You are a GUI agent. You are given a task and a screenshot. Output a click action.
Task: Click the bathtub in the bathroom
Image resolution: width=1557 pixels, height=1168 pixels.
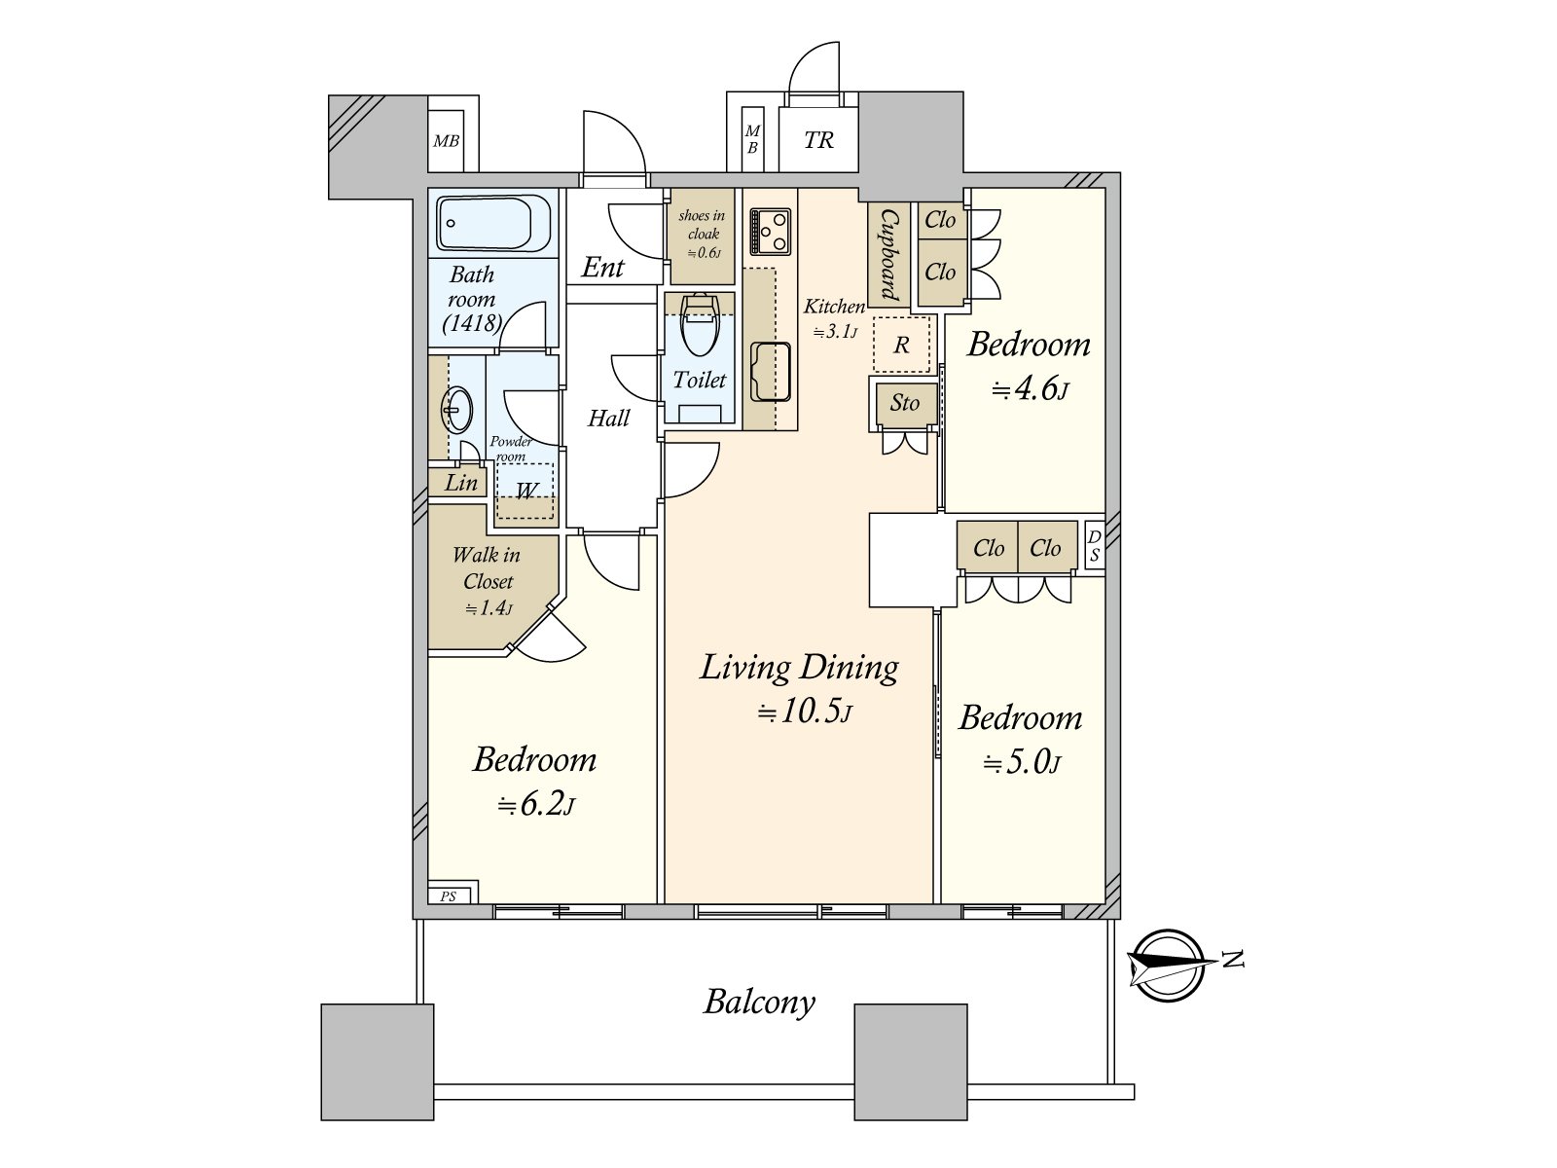[484, 223]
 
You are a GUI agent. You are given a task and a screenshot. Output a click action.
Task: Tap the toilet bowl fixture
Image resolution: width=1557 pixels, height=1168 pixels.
[700, 325]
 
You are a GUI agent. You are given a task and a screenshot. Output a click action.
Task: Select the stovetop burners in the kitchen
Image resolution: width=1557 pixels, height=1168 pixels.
[771, 232]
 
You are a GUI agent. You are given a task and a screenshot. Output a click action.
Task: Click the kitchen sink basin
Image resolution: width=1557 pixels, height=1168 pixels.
[771, 372]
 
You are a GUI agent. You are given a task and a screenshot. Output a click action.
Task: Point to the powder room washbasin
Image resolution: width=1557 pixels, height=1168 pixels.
[457, 409]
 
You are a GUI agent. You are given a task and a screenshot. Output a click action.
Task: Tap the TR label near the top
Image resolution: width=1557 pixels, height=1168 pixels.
[818, 140]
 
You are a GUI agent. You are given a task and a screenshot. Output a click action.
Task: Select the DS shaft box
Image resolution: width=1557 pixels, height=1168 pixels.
[1095, 545]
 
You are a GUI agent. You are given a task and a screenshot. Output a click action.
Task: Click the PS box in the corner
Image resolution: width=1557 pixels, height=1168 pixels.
[453, 892]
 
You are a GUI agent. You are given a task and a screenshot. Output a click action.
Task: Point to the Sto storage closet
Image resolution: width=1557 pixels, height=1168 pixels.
[904, 404]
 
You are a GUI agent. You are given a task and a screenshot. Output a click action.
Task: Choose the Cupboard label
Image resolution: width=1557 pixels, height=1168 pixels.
[888, 255]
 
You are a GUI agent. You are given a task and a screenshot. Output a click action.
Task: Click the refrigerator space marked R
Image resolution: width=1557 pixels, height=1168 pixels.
[901, 345]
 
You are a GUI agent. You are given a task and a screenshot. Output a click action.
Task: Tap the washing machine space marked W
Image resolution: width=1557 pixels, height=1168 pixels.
[525, 491]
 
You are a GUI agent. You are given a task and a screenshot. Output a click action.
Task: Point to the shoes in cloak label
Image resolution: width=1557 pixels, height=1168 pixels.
[703, 225]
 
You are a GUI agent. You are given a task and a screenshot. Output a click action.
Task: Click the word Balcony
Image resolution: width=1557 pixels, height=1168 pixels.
[759, 1003]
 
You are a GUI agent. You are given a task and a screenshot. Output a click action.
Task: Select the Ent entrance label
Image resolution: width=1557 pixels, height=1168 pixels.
[602, 268]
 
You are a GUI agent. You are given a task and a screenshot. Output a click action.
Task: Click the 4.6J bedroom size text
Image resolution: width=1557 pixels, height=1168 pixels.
[1030, 389]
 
